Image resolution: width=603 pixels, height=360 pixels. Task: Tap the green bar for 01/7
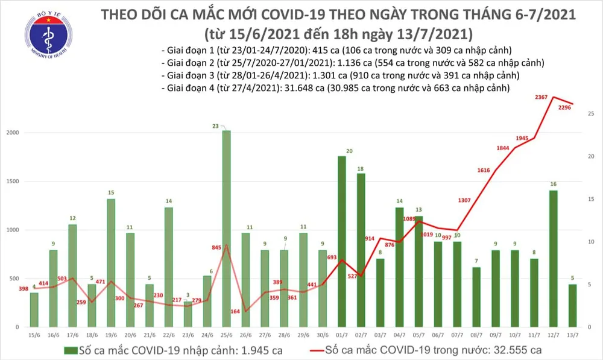tap(341, 241)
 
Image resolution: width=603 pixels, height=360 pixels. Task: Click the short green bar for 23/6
tap(188, 314)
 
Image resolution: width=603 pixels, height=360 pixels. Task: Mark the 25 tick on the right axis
tap(591, 114)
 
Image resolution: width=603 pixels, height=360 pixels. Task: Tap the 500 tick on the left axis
tap(13, 279)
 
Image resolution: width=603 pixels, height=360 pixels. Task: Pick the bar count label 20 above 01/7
tap(348, 151)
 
